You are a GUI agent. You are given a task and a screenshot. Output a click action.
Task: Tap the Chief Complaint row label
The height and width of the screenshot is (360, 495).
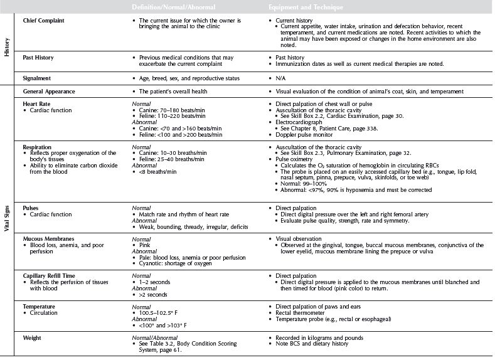pos(44,21)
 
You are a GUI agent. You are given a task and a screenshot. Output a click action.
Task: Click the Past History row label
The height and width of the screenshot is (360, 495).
pos(38,58)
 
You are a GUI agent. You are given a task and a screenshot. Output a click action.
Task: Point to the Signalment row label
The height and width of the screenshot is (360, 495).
pos(38,78)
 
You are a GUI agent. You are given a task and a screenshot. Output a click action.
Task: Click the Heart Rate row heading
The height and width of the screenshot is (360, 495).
pos(36,105)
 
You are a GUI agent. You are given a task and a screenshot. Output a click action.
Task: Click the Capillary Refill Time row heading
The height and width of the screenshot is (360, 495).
pos(54,275)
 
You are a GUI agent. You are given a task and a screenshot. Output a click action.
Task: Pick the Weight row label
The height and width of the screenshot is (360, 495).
pos(33,338)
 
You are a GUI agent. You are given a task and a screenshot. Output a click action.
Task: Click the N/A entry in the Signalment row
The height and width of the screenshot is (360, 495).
pos(280,78)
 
